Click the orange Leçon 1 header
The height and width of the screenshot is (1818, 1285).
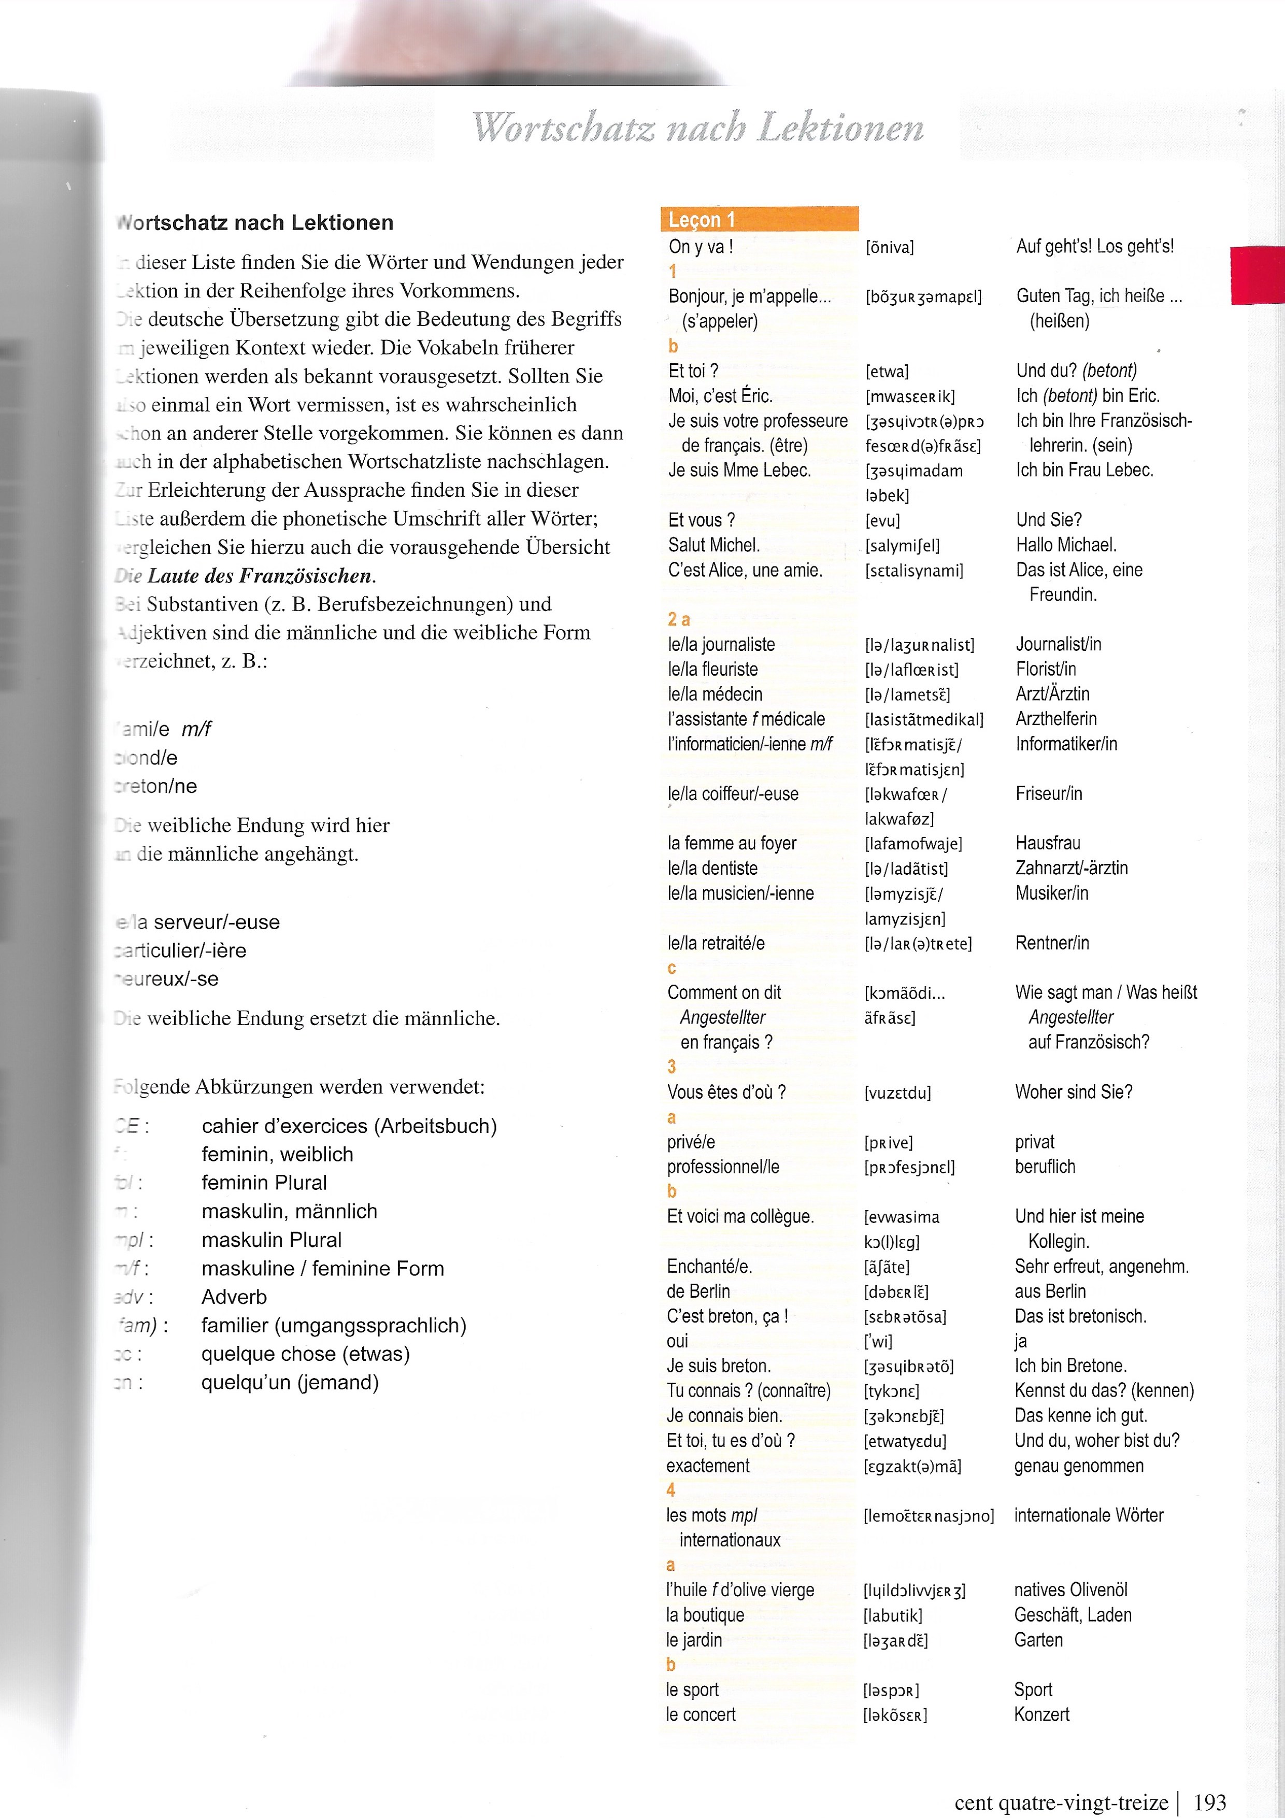pyautogui.click(x=759, y=219)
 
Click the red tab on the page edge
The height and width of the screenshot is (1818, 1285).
pyautogui.click(x=1258, y=275)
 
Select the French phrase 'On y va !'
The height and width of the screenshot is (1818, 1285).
pyautogui.click(x=701, y=247)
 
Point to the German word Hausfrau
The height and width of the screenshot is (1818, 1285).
pyautogui.click(x=1048, y=843)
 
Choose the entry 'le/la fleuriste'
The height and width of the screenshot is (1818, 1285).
pyautogui.click(x=712, y=669)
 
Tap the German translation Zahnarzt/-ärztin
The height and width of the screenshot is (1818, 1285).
pyautogui.click(x=1071, y=868)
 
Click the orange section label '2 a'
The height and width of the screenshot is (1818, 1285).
pyautogui.click(x=679, y=619)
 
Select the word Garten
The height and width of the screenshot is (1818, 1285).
pyautogui.click(x=1038, y=1640)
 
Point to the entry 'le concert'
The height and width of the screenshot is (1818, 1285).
pyautogui.click(x=701, y=1714)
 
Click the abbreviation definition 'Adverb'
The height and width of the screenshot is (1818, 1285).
pyautogui.click(x=234, y=1297)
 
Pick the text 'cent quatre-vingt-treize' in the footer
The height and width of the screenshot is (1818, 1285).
pyautogui.click(x=1061, y=1797)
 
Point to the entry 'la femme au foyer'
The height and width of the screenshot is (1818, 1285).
pyautogui.click(x=732, y=843)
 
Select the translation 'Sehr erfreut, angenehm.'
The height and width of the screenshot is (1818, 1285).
pyautogui.click(x=1101, y=1266)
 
